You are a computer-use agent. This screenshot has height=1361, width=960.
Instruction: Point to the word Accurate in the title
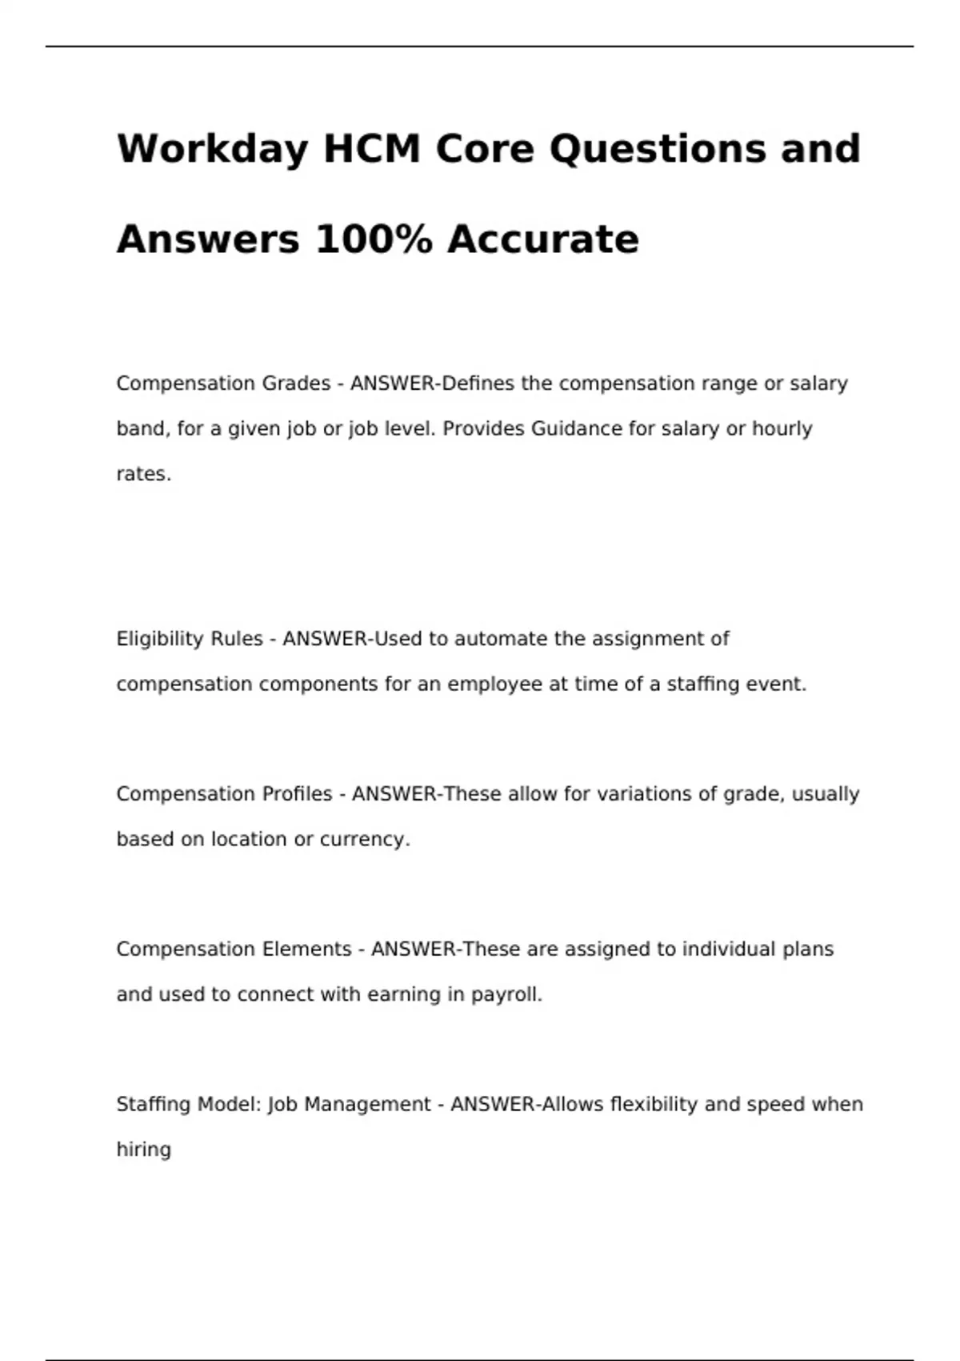pos(543,239)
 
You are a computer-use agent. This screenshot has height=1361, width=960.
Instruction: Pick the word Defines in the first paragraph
pos(478,383)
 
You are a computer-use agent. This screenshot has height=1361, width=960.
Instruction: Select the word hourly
pos(782,429)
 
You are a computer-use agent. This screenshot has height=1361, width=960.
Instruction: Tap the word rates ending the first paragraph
pos(143,475)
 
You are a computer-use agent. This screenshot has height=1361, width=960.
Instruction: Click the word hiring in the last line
pos(144,1150)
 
